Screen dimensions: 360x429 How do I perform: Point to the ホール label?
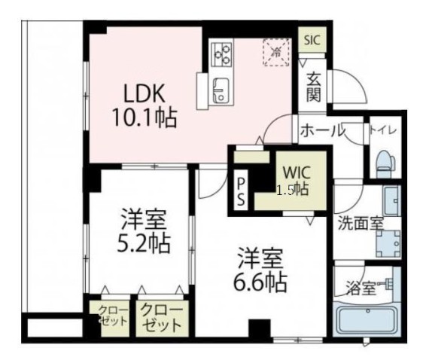click(322, 131)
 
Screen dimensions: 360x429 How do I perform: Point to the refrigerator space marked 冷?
click(275, 52)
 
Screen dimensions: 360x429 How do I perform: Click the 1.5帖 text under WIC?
click(292, 190)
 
